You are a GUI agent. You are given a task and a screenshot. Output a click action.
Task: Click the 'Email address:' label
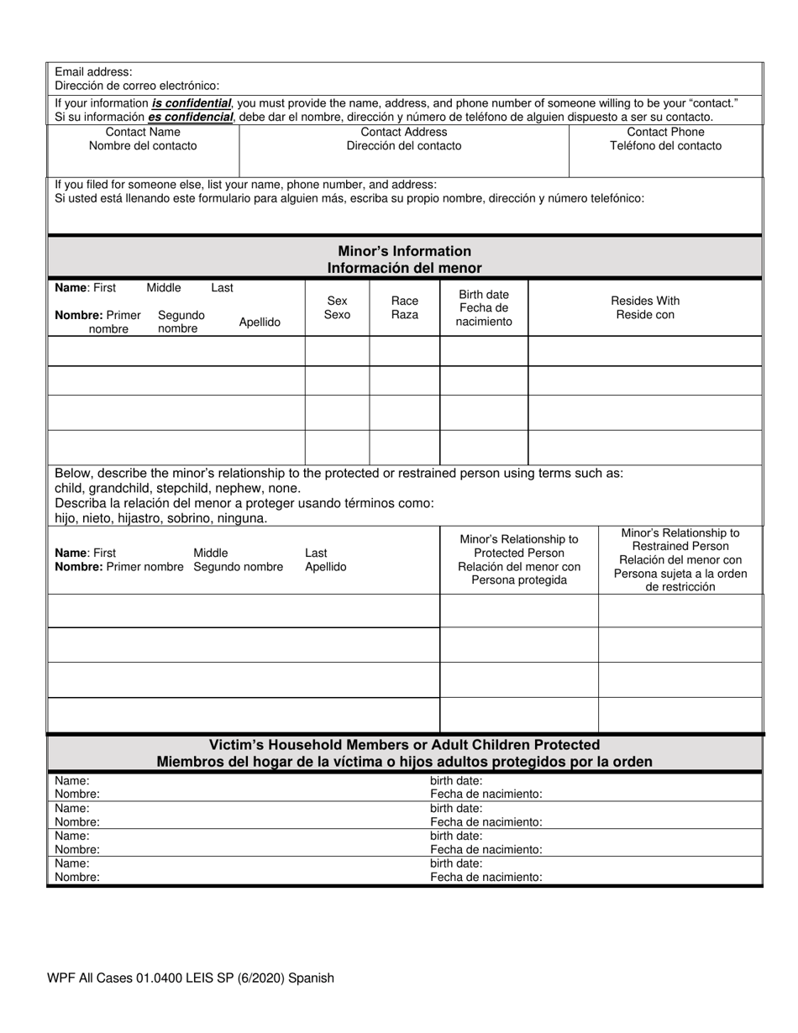93,72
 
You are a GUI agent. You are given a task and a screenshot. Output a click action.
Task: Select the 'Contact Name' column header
143,132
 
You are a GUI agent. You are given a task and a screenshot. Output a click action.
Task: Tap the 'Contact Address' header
403,132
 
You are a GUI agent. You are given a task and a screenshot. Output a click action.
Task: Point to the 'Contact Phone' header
665,132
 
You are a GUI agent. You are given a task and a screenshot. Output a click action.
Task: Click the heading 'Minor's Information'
404,251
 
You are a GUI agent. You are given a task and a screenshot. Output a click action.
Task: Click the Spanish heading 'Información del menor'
404,268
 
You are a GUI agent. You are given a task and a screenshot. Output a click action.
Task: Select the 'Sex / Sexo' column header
337,307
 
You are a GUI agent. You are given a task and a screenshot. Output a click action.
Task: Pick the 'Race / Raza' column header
404,307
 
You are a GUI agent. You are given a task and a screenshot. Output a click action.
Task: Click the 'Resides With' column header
644,301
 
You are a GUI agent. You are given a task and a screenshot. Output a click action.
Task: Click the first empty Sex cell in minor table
337,350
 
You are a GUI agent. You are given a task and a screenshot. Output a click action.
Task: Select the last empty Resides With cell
644,447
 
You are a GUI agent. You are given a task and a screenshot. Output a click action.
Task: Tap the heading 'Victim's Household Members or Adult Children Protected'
404,745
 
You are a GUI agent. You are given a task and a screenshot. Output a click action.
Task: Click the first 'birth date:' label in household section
456,781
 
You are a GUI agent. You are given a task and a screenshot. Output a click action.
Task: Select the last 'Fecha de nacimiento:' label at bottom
486,877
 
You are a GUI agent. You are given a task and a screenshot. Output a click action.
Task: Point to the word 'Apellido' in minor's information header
260,322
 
